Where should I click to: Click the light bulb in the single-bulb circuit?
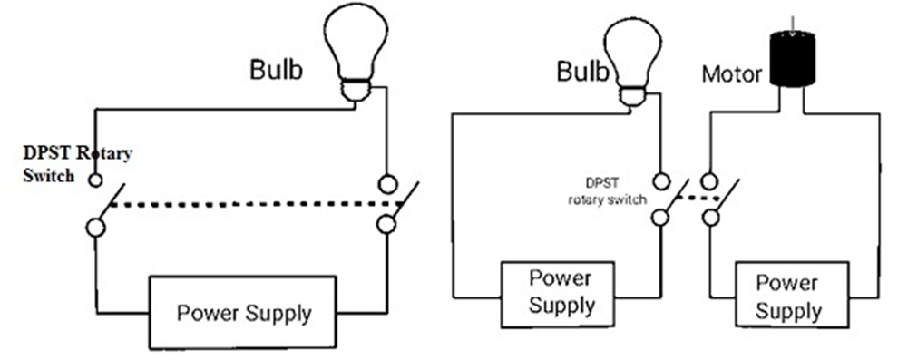click(x=356, y=54)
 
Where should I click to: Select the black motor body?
click(x=793, y=60)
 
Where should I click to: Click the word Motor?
click(x=732, y=73)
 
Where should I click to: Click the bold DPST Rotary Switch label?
click(x=77, y=164)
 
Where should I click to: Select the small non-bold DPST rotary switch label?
click(x=607, y=191)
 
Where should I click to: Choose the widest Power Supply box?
click(x=243, y=313)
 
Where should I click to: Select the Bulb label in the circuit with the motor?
click(x=583, y=72)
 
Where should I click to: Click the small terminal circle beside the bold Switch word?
click(x=95, y=180)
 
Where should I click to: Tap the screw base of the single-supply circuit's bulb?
click(x=355, y=91)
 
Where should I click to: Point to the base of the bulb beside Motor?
click(x=633, y=94)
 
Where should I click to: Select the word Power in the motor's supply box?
click(x=786, y=283)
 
